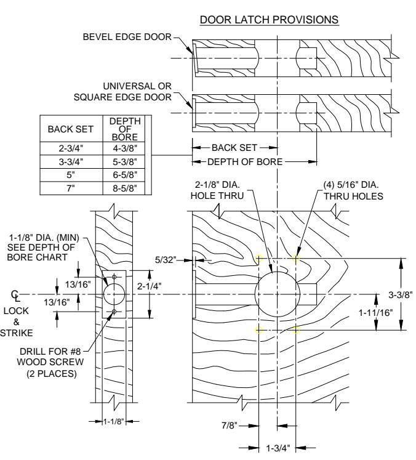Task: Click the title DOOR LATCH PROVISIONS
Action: pos(269,20)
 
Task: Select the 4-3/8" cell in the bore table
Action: pos(125,148)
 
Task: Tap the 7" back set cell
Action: pos(71,188)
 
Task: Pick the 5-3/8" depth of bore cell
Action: pos(125,161)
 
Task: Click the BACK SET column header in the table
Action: pos(70,129)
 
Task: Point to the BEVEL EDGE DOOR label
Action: pos(127,37)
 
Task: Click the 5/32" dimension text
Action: pos(166,260)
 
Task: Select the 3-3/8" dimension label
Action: pos(401,294)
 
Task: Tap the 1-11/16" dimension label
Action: pos(375,313)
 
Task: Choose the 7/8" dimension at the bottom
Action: pos(230,425)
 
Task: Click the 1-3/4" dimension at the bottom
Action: pos(278,448)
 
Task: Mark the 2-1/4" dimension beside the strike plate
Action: pos(149,286)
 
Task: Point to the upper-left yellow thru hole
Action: pos(258,259)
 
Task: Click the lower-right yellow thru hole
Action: pos(295,330)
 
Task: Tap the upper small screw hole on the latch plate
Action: pos(114,277)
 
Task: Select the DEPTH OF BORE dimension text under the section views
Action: pos(245,161)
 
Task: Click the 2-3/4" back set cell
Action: pos(71,148)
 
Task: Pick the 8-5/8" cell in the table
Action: pos(125,188)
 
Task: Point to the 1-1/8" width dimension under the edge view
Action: pos(114,422)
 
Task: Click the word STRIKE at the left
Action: pos(17,333)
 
